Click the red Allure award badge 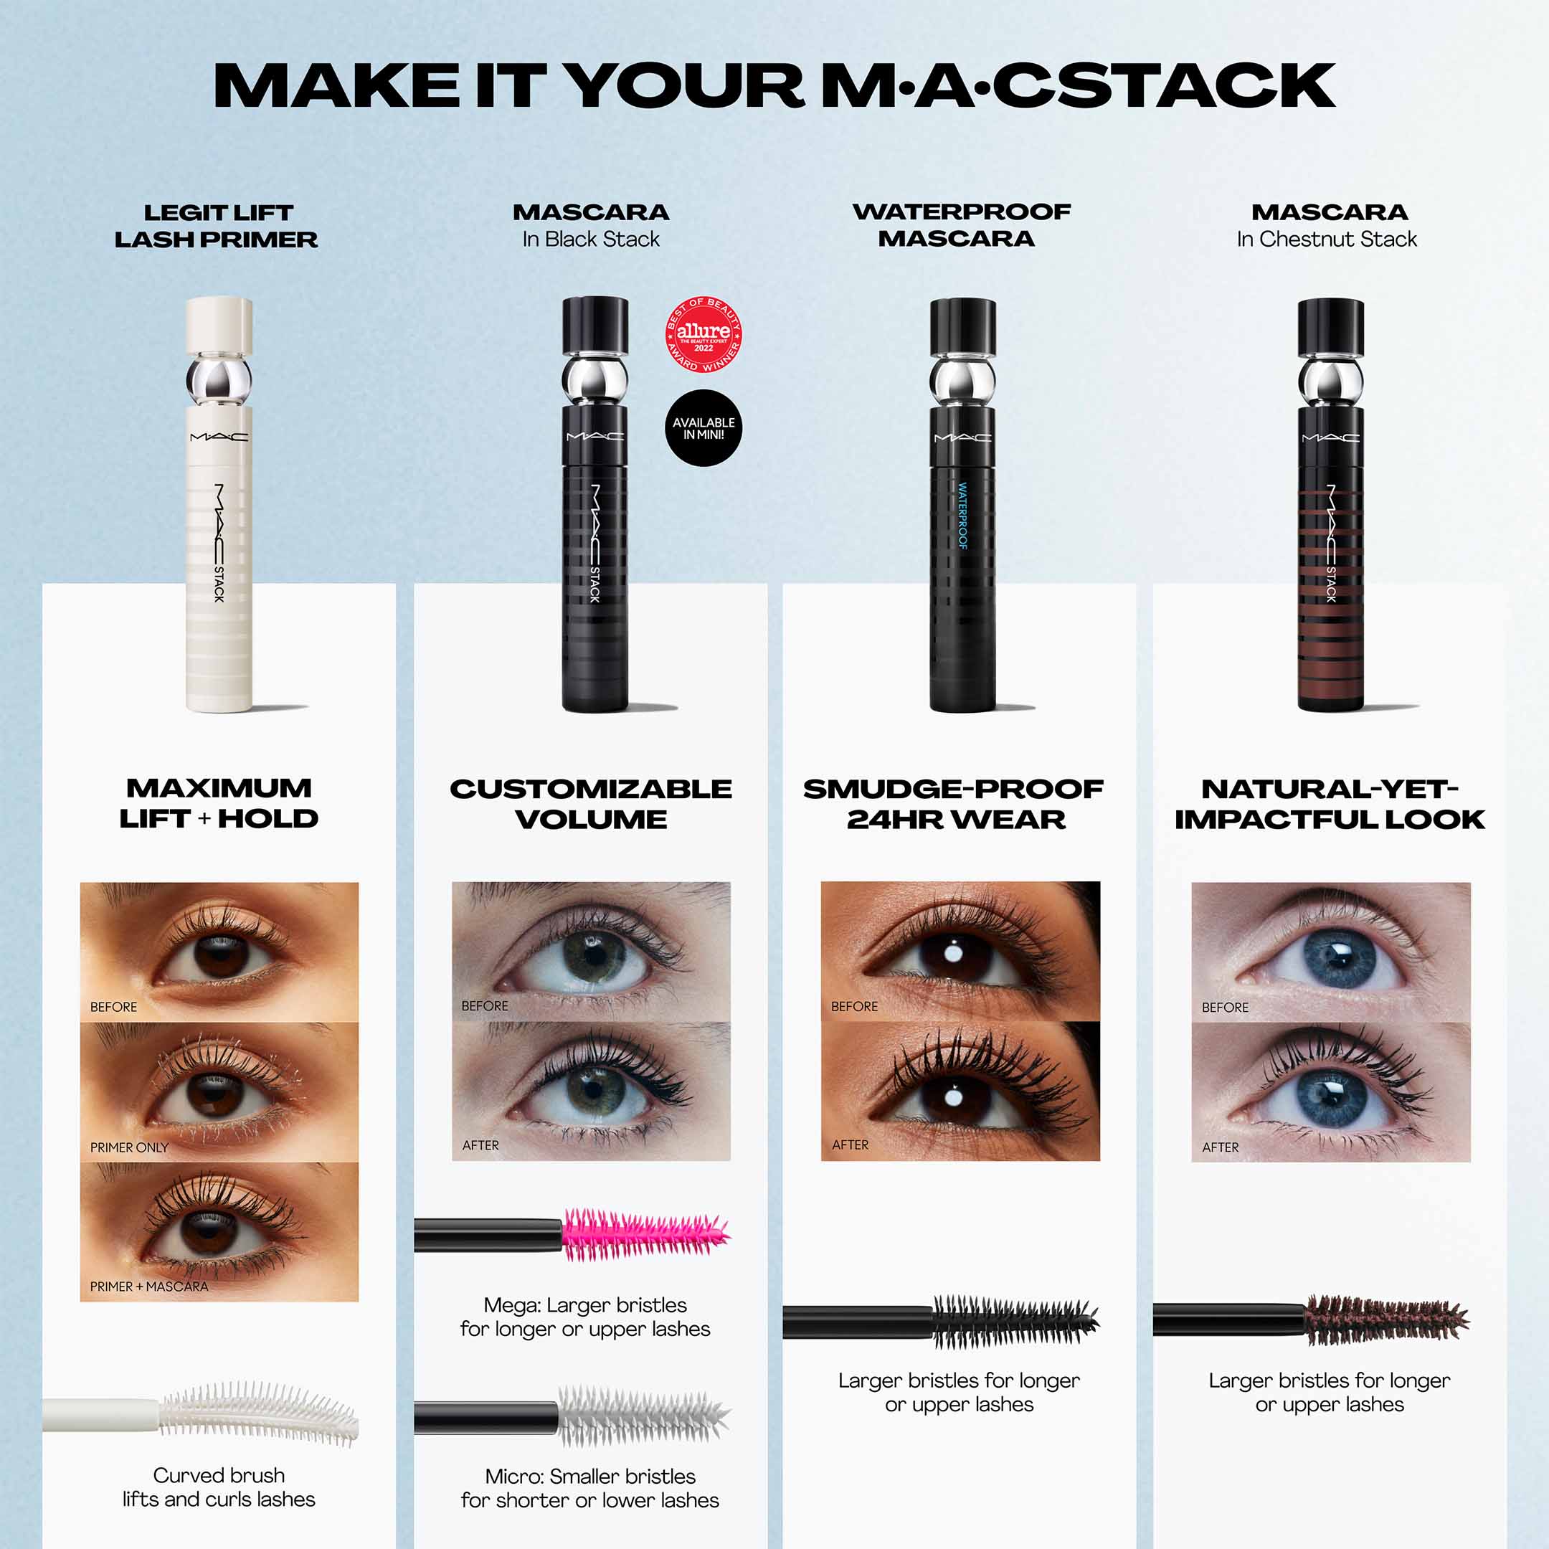703,334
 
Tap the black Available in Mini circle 703,427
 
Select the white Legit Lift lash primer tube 219,545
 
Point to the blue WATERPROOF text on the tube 962,516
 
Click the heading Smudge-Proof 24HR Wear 954,803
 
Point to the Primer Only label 129,1147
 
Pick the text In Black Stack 591,239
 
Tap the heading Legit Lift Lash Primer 217,225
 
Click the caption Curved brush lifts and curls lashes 219,1487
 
